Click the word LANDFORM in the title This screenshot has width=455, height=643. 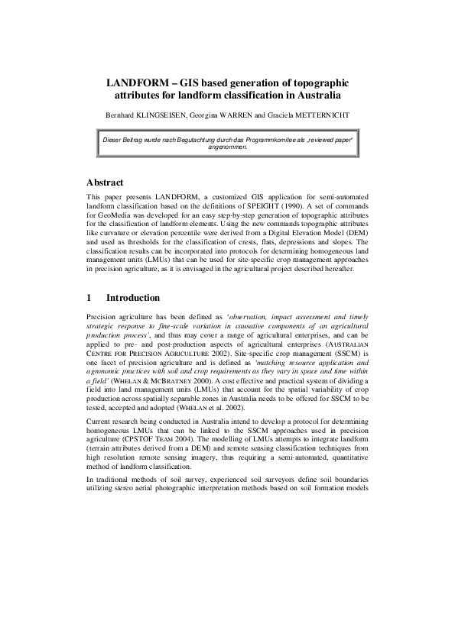coord(138,82)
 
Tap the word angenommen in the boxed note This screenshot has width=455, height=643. coord(227,149)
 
